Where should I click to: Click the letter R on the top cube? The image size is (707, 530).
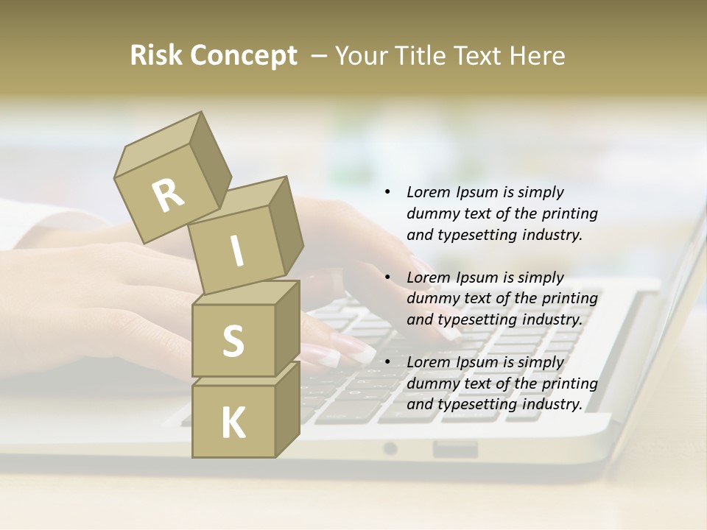(x=169, y=196)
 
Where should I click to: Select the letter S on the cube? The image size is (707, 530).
(x=233, y=341)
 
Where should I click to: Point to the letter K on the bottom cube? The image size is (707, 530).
(x=233, y=423)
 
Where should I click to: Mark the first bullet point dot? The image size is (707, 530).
(x=387, y=193)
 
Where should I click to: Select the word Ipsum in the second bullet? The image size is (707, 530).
(x=476, y=278)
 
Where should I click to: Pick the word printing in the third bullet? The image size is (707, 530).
(x=569, y=384)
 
